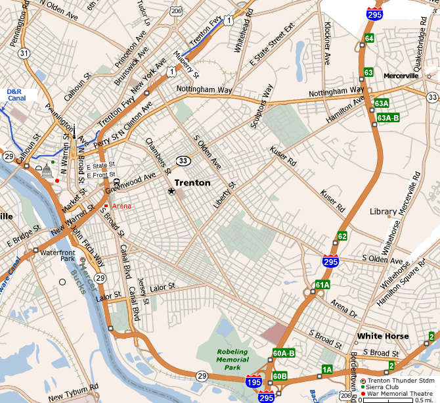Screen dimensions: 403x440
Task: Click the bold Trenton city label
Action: pos(192,183)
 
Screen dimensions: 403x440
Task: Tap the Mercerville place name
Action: pos(401,76)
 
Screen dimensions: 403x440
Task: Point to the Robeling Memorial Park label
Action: pos(233,360)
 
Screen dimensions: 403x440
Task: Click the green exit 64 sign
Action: pos(370,38)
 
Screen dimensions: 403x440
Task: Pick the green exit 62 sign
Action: pos(342,236)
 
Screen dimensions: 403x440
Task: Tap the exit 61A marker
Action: pos(322,285)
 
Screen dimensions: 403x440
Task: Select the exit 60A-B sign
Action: pos(284,353)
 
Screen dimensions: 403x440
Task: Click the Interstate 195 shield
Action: pos(253,382)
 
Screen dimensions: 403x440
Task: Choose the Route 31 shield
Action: pos(24,53)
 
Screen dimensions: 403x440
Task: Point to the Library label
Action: pos(383,212)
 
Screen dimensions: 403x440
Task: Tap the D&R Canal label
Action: pos(16,95)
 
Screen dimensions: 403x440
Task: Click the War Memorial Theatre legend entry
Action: pos(397,394)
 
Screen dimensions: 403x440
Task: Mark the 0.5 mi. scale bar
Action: pos(397,400)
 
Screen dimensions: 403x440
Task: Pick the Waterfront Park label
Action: pos(54,256)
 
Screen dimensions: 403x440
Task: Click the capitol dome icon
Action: pos(46,172)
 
